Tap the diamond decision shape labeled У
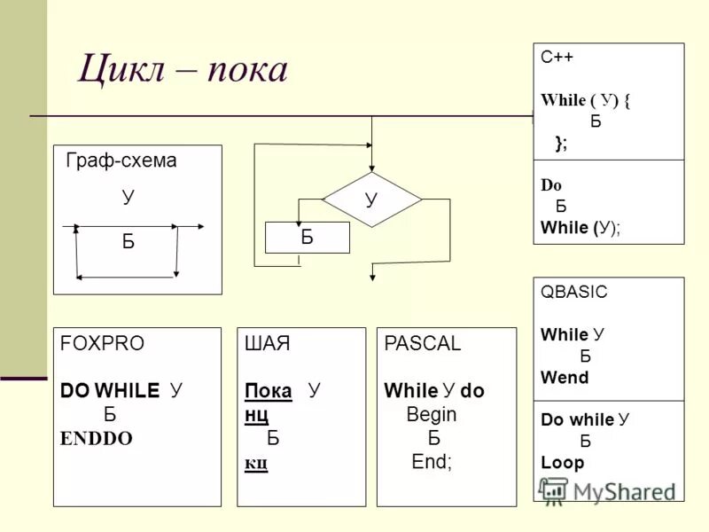coord(371,199)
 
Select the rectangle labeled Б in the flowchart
coord(308,238)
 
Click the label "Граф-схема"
coord(121,161)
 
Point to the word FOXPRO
coord(102,345)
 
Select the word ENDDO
coord(96,438)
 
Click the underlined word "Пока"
coord(269,391)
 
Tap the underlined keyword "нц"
coord(256,414)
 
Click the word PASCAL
coord(423,345)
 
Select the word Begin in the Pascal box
coord(432,414)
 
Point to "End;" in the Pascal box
coord(432,462)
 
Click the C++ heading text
coord(557,57)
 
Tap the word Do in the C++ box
coord(551,186)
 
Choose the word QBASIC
coord(574,292)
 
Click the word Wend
coord(565,378)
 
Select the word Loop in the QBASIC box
coord(562,462)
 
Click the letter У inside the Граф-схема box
coord(129,197)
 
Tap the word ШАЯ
coord(267,345)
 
